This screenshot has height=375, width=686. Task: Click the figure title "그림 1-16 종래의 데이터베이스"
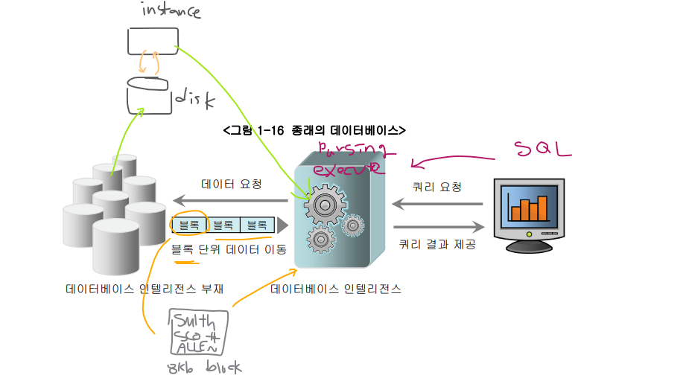pos(314,131)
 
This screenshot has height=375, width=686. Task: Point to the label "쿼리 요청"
pos(437,187)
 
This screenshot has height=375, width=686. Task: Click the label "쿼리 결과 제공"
pos(437,243)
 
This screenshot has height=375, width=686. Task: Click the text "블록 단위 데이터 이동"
pos(229,249)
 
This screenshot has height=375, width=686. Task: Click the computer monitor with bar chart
pos(528,213)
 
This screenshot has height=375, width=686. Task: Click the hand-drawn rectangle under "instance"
pos(153,41)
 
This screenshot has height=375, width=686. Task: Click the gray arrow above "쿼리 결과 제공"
pos(438,228)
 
